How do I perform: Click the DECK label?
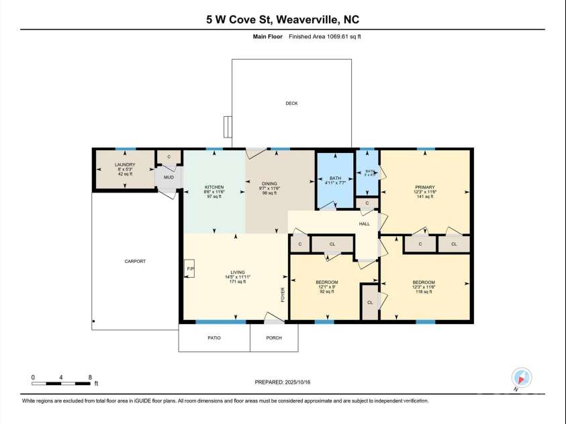pyautogui.click(x=291, y=103)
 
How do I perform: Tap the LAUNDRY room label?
pyautogui.click(x=125, y=164)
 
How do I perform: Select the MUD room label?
pyautogui.click(x=169, y=178)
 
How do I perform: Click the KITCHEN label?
pyautogui.click(x=214, y=187)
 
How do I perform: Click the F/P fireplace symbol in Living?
pyautogui.click(x=189, y=269)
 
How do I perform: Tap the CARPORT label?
pyautogui.click(x=135, y=261)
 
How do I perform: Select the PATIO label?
pyautogui.click(x=214, y=337)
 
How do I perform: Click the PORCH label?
pyautogui.click(x=274, y=337)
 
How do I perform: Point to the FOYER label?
pyautogui.click(x=283, y=295)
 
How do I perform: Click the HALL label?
pyautogui.click(x=364, y=223)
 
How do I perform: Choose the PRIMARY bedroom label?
pyautogui.click(x=424, y=187)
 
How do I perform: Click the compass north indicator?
pyautogui.click(x=521, y=377)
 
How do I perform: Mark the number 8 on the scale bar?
pyautogui.click(x=90, y=377)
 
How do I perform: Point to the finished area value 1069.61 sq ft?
pyautogui.click(x=343, y=36)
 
